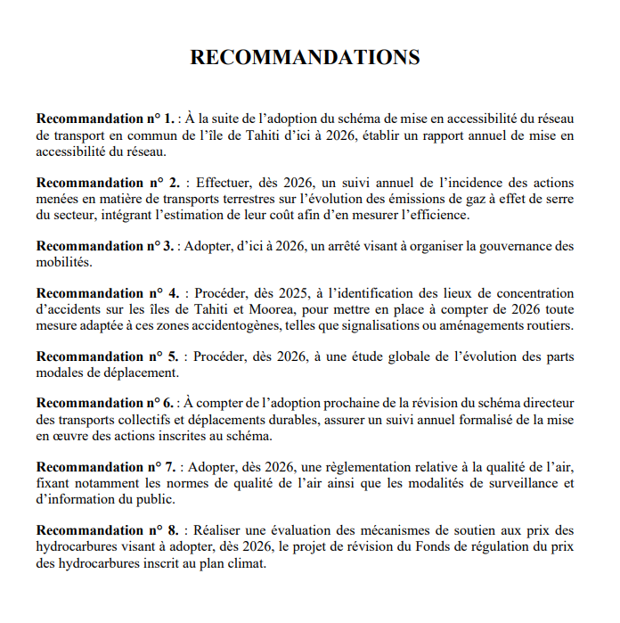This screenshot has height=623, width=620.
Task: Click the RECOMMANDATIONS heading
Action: [x=306, y=58]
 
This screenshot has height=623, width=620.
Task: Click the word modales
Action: [x=59, y=373]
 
